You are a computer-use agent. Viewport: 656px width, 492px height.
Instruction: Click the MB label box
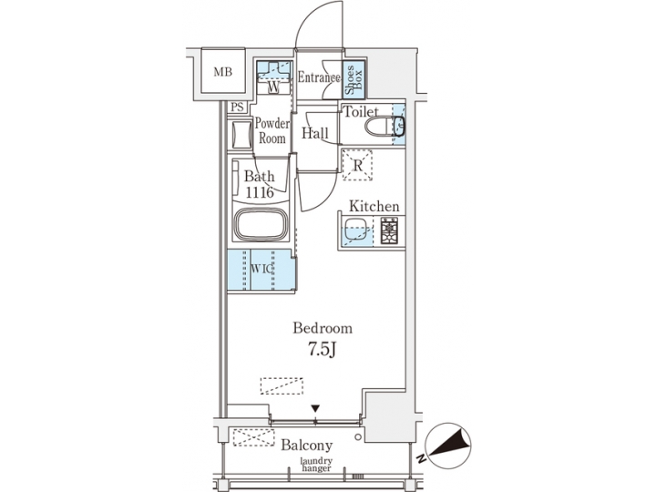[222, 71]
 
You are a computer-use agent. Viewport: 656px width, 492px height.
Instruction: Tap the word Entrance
[319, 78]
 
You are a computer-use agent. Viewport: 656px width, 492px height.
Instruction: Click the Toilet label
[360, 112]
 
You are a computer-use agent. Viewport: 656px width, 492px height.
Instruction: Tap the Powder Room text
[272, 131]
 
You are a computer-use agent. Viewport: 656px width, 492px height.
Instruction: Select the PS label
[237, 108]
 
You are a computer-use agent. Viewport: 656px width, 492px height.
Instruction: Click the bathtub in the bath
[261, 224]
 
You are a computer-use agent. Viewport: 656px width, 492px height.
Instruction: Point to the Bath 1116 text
[261, 184]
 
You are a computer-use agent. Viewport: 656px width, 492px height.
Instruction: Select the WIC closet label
[261, 270]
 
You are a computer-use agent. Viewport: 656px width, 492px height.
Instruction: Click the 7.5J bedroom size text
[322, 349]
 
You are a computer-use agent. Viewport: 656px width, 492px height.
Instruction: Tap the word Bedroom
[322, 328]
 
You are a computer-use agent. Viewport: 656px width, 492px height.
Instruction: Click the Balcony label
[306, 446]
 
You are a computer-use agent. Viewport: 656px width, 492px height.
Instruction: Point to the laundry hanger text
[316, 466]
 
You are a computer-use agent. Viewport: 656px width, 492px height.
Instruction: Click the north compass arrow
[451, 444]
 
